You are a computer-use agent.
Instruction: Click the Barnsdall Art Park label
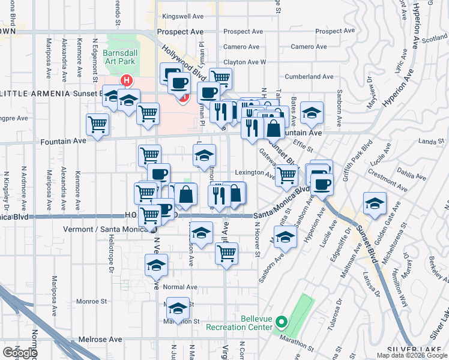[124, 53]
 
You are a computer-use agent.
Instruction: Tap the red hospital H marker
[127, 80]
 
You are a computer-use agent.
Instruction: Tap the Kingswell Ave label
[180, 17]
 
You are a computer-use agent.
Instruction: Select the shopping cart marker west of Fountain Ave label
[97, 125]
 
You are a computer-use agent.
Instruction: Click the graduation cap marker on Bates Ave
[312, 112]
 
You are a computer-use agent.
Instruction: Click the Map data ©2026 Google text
[412, 355]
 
